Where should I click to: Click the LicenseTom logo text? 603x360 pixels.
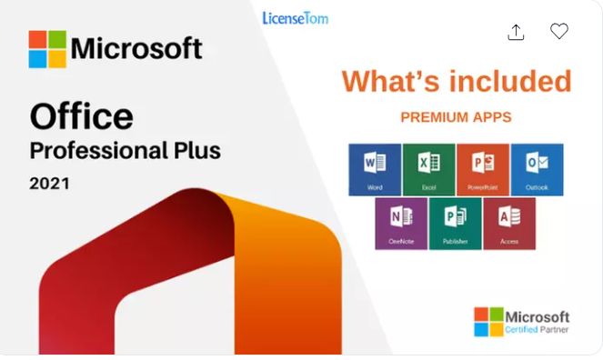[295, 18]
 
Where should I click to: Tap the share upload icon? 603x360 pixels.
[516, 32]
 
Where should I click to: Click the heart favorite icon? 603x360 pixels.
[559, 32]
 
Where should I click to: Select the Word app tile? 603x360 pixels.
[375, 169]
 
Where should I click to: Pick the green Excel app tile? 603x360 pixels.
[429, 169]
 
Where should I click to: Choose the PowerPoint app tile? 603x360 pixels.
[483, 169]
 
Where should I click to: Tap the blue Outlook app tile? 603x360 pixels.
[537, 169]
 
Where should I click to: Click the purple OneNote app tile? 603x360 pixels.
[401, 224]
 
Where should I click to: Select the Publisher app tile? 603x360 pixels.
[455, 224]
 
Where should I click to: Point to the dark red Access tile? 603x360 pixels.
[509, 224]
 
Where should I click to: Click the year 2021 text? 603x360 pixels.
[49, 184]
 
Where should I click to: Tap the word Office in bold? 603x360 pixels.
[81, 116]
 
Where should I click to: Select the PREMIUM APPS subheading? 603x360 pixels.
[456, 117]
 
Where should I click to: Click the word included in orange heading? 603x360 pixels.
[508, 82]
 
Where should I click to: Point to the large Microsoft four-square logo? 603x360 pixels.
[47, 49]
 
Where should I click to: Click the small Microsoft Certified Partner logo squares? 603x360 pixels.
[488, 322]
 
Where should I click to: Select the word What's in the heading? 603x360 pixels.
[387, 82]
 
